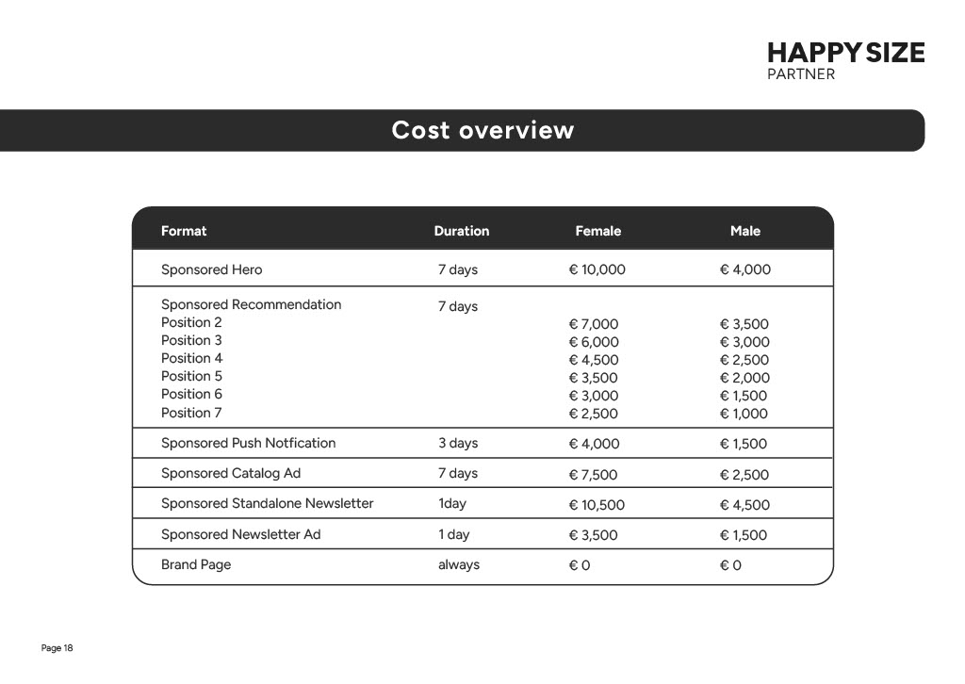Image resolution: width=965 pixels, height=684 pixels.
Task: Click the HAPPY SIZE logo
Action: [x=845, y=60]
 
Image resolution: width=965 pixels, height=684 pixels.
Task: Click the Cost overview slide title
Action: [x=482, y=130]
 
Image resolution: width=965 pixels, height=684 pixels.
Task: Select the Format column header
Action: [x=184, y=231]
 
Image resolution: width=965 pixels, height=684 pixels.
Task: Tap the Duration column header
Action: [x=462, y=231]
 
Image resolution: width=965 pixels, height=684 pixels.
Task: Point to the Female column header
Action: [x=598, y=231]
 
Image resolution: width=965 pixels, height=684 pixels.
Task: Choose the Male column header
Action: [x=745, y=231]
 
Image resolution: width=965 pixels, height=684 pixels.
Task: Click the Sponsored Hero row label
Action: [x=212, y=269]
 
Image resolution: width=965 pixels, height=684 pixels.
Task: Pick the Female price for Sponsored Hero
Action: [x=597, y=269]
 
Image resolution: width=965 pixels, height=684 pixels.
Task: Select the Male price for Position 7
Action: [x=744, y=414]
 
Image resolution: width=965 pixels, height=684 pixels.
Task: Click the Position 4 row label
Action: [x=192, y=358]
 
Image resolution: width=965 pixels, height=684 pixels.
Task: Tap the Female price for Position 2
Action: [x=594, y=324]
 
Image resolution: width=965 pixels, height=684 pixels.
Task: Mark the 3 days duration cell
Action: [x=458, y=443]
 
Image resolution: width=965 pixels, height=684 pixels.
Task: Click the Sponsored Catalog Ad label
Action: [x=231, y=473]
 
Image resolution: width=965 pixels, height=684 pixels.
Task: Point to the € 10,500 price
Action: [x=597, y=505]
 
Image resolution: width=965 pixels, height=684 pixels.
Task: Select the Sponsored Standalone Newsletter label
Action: [x=268, y=503]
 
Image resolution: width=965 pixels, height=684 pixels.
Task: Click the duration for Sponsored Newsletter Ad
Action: [x=454, y=534]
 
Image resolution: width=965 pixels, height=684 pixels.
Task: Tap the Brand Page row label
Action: [x=196, y=564]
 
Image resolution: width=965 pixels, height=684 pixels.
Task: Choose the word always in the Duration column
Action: [x=459, y=564]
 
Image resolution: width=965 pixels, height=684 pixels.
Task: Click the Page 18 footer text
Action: [x=57, y=648]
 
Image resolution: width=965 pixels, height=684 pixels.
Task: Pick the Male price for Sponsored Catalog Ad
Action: [x=744, y=475]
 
